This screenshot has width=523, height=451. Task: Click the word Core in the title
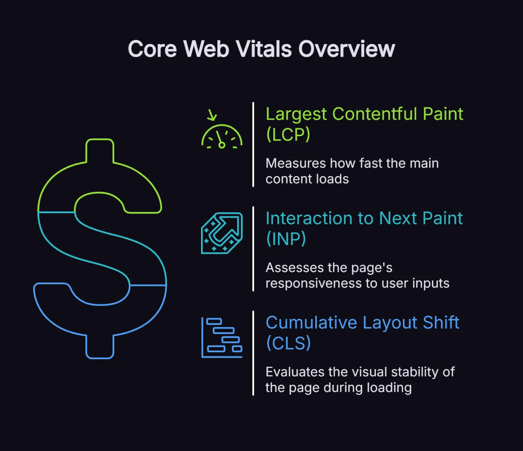152,49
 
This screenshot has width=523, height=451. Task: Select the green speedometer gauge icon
222,137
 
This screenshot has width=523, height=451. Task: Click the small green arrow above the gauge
212,115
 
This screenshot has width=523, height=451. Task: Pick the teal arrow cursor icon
222,233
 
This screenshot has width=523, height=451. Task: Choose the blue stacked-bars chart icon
222,338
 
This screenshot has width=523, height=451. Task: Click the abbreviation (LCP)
288,135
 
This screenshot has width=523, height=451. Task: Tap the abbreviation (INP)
286,239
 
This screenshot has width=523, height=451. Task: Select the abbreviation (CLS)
289,343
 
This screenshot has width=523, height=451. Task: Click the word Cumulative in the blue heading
311,323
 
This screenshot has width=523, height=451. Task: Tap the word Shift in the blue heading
441,323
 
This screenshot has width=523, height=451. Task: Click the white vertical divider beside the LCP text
253,145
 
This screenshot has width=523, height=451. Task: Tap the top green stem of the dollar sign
100,151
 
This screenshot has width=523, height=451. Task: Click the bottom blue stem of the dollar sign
100,347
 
